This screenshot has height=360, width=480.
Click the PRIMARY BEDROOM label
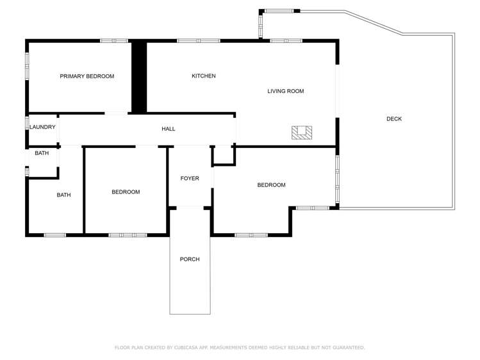click(x=87, y=76)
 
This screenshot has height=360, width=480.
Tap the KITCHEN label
click(x=204, y=76)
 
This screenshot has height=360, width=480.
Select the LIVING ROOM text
click(x=285, y=92)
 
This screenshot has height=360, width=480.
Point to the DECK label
click(x=394, y=119)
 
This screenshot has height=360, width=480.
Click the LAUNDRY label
click(x=42, y=127)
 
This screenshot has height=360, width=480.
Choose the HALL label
click(x=169, y=129)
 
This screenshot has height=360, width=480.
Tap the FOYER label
click(x=190, y=179)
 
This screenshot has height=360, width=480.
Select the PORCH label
click(x=190, y=259)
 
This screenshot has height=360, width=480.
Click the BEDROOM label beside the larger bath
click(x=126, y=192)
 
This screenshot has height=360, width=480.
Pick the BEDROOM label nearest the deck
click(x=271, y=185)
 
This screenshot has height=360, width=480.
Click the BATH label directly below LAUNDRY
click(x=42, y=153)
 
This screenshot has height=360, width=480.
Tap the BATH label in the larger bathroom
click(x=63, y=195)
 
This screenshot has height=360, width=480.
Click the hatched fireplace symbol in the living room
click(x=302, y=133)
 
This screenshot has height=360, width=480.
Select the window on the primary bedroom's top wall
click(x=114, y=41)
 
